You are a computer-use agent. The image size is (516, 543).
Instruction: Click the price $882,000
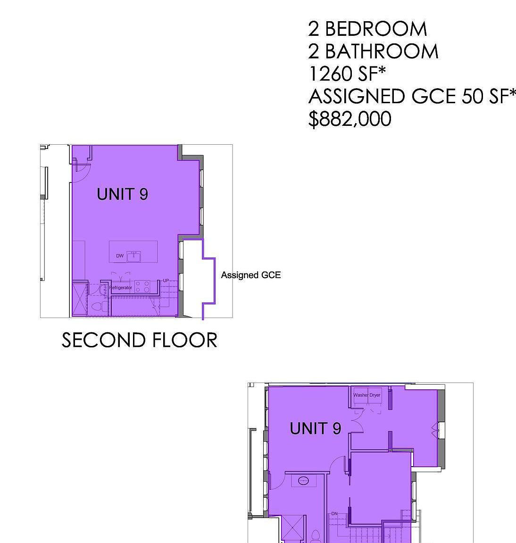[350, 119]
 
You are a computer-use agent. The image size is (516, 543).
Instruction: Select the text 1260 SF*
[347, 74]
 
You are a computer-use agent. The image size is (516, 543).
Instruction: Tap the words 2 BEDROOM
[367, 29]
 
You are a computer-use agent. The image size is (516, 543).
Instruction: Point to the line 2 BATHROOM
[373, 51]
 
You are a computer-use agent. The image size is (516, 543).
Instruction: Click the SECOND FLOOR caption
[140, 340]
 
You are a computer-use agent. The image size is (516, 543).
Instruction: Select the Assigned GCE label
[250, 275]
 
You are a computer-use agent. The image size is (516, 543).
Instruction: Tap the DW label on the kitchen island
[120, 256]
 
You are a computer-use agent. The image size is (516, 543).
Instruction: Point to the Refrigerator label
[121, 288]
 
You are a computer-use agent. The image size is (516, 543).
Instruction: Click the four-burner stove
[142, 287]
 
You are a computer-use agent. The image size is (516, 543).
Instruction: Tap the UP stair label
[166, 281]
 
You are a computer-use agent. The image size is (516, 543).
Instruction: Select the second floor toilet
[97, 307]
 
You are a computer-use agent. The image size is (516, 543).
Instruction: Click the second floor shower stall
[79, 298]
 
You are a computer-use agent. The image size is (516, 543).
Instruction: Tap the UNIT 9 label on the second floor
[122, 194]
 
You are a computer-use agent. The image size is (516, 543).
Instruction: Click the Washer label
[361, 395]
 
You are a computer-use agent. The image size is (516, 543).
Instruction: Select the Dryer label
[375, 395]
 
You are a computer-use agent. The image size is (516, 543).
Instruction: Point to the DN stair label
[334, 513]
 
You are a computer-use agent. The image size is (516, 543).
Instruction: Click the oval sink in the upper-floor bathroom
[304, 481]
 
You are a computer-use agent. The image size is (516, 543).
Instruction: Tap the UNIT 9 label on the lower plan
[315, 428]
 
